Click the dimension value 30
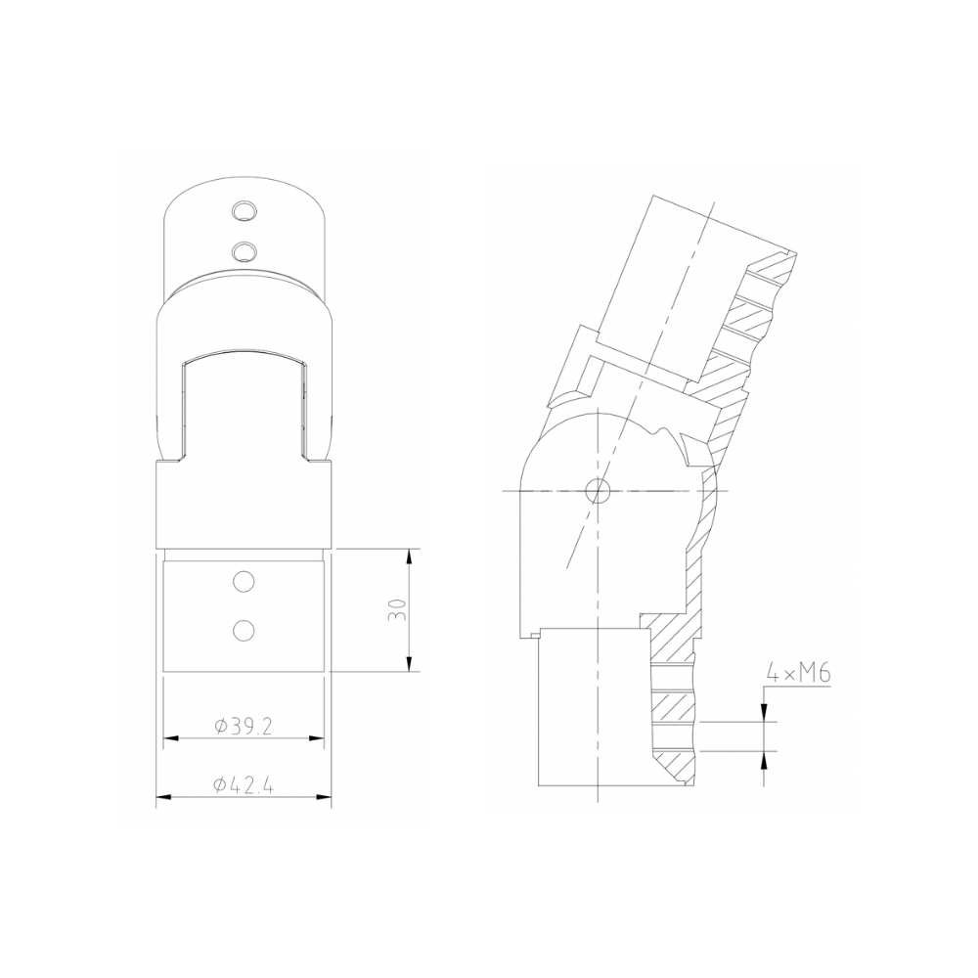click(397, 610)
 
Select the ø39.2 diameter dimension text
click(243, 726)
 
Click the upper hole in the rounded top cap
click(244, 211)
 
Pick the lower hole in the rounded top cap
click(244, 251)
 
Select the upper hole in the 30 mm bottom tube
click(244, 583)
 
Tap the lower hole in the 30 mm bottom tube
click(244, 629)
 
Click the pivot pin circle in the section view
click(597, 489)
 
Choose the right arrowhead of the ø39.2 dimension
click(318, 737)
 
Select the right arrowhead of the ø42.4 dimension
click(324, 798)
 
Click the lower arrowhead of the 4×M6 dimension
click(764, 759)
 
